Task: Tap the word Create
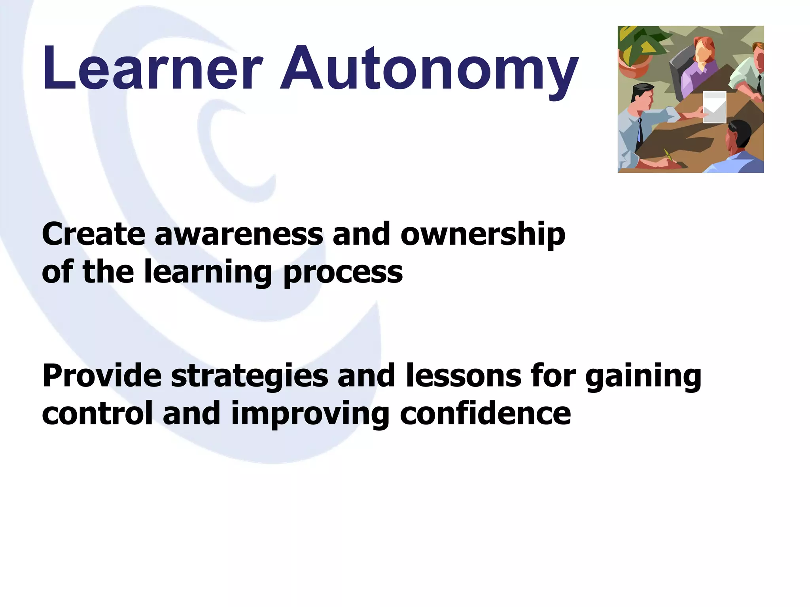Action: (x=93, y=234)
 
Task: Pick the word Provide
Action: (x=102, y=375)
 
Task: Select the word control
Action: (x=97, y=413)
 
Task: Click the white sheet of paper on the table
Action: (x=714, y=107)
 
